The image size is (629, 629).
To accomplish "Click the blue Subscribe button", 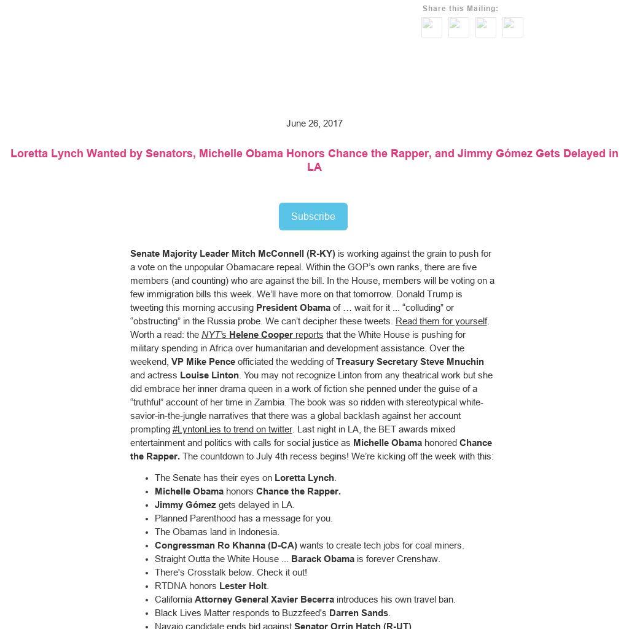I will click(x=313, y=216).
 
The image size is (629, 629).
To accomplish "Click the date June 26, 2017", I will click(x=314, y=123).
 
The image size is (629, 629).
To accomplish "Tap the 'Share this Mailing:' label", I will click(x=461, y=9).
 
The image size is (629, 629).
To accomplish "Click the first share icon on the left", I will click(x=432, y=27).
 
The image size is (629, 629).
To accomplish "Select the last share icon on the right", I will click(x=513, y=27).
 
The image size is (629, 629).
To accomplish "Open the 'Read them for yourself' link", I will click(x=441, y=321).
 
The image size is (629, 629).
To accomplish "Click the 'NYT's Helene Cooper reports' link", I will click(x=262, y=335).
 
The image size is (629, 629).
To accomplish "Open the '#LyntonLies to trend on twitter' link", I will click(x=232, y=429).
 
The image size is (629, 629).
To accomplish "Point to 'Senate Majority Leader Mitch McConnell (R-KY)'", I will click(x=233, y=254).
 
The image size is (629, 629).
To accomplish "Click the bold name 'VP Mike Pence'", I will click(x=203, y=362).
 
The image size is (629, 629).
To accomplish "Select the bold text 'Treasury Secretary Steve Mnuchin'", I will click(x=410, y=362).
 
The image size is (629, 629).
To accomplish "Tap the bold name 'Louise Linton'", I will click(x=209, y=375).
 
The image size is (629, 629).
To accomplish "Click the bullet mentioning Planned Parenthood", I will click(x=244, y=518).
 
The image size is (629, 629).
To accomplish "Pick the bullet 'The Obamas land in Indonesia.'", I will click(x=217, y=532).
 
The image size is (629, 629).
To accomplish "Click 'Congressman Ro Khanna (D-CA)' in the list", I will click(x=226, y=545).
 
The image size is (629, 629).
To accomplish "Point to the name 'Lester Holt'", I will click(x=243, y=586).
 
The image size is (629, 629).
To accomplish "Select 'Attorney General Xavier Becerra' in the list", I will click(x=264, y=600).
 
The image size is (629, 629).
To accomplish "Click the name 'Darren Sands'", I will click(x=359, y=613).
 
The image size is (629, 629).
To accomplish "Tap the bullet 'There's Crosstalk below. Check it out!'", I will click(x=231, y=572).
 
